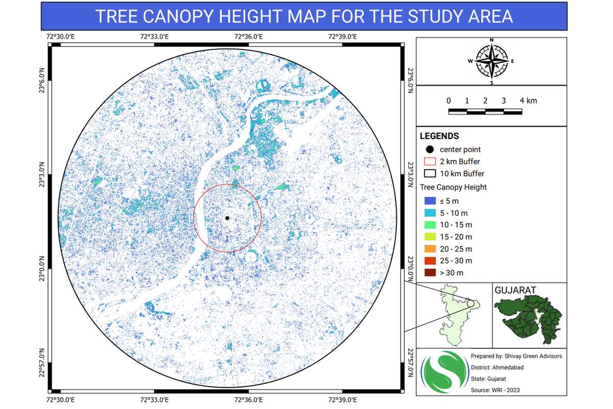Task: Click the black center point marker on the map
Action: click(227, 218)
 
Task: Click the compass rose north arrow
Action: click(491, 61)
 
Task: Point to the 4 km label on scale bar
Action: click(529, 101)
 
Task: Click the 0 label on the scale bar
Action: click(449, 101)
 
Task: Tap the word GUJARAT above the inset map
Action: click(515, 290)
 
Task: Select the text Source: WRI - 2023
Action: click(495, 390)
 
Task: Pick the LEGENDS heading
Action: click(439, 137)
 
